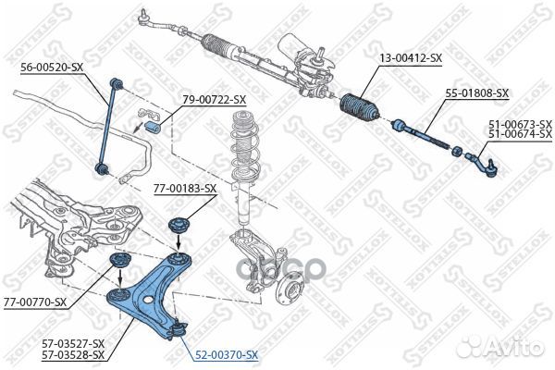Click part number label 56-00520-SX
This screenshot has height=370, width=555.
coord(52,67)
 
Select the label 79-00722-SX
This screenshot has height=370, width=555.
coord(215,100)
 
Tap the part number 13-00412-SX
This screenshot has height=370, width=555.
coord(411,57)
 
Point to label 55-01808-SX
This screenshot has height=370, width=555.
coord(476,93)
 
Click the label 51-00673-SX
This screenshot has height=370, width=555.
coord(520,124)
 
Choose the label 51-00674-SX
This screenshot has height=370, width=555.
coord(520,134)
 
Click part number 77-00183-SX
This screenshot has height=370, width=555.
coord(185,189)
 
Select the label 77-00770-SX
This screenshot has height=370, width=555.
coord(35,302)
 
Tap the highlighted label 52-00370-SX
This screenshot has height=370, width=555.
coord(227,354)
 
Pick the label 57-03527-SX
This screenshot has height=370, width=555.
coord(73,343)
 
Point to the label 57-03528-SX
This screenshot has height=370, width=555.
coord(73,354)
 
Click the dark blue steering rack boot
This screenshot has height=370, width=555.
coord(360,106)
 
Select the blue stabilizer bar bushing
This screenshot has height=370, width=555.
coord(154,126)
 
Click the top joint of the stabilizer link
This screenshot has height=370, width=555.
coord(117,83)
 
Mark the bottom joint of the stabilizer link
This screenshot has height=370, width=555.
coord(101,168)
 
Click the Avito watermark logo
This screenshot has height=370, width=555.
coord(500,346)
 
